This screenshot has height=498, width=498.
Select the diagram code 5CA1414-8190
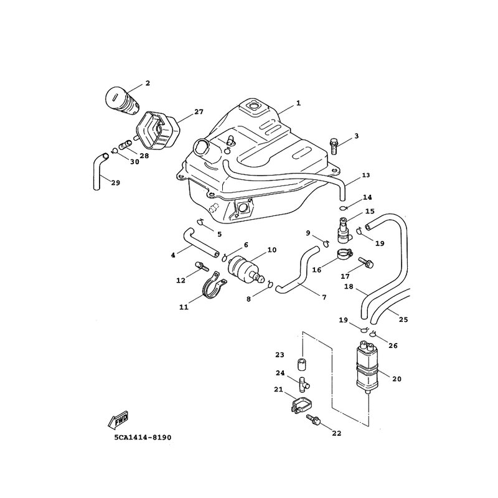point(143,438)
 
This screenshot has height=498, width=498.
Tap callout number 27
point(199,112)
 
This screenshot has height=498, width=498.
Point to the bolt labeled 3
point(334,146)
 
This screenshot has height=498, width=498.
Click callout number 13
point(366,175)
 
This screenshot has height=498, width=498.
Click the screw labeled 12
point(201,266)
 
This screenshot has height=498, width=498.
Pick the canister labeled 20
point(367,367)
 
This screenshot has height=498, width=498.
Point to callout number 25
point(403,319)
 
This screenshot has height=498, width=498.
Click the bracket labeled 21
point(301,405)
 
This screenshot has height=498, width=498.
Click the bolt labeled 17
point(366,261)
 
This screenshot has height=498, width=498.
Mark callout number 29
point(115,182)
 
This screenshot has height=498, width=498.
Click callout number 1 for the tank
point(298,103)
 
